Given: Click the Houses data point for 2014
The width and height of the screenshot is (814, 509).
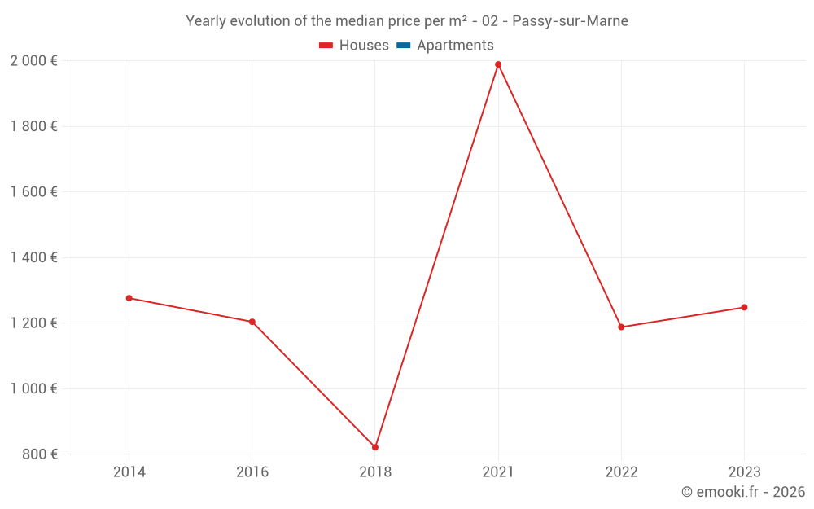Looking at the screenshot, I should (129, 298).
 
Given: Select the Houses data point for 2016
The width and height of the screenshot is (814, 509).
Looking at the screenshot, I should (252, 322).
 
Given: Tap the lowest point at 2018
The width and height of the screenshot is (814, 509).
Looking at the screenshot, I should (375, 447).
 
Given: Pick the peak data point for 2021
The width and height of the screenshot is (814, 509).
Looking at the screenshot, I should (498, 64).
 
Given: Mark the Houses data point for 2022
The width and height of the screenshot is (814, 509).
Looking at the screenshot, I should (621, 327).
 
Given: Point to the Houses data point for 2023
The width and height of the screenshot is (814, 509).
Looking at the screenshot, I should (744, 307).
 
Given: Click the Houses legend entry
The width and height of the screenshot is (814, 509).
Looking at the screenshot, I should (354, 46).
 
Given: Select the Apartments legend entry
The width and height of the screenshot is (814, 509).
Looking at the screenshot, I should (445, 46).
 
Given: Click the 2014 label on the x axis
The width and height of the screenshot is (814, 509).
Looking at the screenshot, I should (129, 472).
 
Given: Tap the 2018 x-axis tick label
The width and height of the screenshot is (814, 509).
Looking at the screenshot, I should (375, 472).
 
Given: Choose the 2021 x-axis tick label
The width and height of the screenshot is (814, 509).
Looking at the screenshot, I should (498, 472).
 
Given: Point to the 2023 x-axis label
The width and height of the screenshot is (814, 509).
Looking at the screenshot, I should (744, 472).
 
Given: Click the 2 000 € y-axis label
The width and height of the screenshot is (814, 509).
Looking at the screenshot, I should (33, 61).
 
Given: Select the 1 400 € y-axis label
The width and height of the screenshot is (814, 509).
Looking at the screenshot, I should (33, 257).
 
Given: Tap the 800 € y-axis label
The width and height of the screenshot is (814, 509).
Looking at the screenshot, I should (39, 454).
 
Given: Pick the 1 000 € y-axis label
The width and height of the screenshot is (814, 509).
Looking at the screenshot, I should (33, 388).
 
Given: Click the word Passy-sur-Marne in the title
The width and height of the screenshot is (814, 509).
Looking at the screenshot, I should (570, 21).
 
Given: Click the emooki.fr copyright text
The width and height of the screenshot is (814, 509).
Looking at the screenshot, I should (743, 492).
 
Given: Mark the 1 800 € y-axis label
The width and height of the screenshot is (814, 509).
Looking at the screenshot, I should (33, 126).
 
